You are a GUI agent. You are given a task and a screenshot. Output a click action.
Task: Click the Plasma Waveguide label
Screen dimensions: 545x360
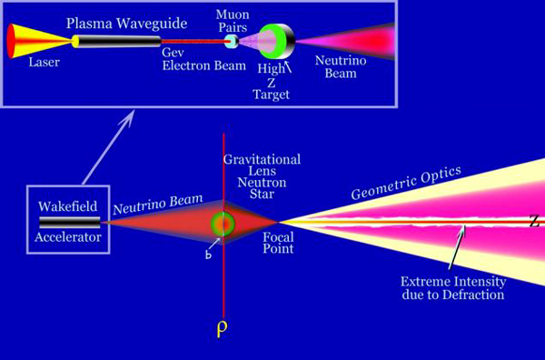[x=126, y=24]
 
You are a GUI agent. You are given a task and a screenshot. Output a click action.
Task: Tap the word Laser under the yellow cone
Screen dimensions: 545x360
[x=45, y=62]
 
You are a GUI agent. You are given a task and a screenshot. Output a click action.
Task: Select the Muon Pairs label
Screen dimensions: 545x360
[x=233, y=21]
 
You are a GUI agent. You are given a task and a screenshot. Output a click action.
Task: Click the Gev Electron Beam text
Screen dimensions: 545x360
[x=204, y=59]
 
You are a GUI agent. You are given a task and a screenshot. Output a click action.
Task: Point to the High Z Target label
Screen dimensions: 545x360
[x=272, y=82]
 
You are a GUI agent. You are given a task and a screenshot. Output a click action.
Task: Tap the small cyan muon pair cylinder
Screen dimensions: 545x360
[x=232, y=42]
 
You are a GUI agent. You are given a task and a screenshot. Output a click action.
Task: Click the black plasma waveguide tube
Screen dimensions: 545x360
[x=118, y=42]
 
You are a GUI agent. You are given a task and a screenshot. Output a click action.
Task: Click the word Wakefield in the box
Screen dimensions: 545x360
[x=68, y=206]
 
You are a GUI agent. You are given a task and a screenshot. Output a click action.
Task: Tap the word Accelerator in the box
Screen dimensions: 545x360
[x=68, y=237]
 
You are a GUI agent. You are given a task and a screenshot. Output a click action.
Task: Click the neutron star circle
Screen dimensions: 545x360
[x=223, y=224]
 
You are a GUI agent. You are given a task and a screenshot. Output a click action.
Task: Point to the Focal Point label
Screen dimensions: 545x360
[x=278, y=243]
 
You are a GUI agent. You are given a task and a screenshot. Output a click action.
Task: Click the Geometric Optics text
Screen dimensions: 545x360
[x=406, y=183]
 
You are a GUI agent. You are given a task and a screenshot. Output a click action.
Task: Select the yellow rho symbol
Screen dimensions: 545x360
[x=223, y=329]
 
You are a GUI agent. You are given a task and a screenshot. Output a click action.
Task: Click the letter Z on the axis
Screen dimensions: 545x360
[x=536, y=221]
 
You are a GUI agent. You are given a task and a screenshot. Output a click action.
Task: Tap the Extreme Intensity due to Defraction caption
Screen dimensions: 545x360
[x=453, y=288]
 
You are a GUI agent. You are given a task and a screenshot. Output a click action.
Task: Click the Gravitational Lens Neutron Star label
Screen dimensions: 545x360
[x=262, y=176]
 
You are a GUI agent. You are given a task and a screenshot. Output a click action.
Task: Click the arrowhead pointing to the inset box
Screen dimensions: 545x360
[x=128, y=117]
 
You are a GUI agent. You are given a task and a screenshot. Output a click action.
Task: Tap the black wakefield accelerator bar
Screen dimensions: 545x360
[x=70, y=222]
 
